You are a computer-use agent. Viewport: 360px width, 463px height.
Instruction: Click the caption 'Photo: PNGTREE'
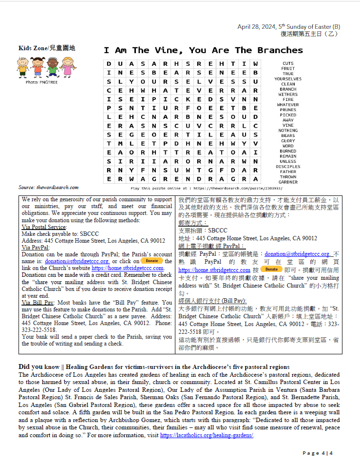pos(42,82)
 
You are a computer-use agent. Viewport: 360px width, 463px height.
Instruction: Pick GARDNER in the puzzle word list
pos(288,182)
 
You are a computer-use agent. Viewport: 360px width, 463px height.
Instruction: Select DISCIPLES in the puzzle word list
pos(288,167)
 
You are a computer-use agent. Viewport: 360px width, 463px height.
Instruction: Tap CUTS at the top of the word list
pos(288,63)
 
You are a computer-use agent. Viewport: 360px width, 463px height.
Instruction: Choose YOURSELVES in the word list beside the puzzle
pos(288,79)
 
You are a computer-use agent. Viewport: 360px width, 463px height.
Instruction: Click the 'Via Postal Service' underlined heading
pos(44,227)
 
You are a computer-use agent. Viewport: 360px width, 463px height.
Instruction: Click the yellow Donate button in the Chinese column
pos(271,269)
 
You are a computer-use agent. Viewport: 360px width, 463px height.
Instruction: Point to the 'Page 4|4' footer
pos(318,453)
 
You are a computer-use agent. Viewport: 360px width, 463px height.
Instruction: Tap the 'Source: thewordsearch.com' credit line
pos(48,187)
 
